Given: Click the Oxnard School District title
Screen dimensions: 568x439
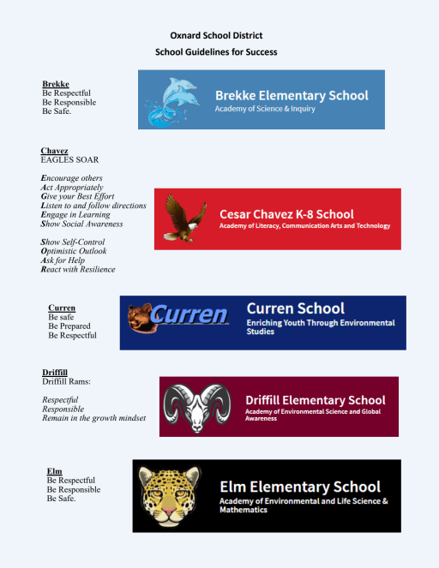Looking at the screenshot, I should [x=215, y=35].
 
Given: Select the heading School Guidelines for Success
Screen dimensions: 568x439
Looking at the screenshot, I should [x=215, y=52].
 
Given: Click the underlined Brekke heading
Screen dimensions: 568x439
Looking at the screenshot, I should [x=55, y=84].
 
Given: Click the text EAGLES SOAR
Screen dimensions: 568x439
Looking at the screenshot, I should [x=69, y=160].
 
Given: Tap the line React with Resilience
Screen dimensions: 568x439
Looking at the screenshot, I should [x=78, y=269].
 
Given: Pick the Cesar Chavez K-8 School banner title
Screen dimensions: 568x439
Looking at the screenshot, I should [x=286, y=214].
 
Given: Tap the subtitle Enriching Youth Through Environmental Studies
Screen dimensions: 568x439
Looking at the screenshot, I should [x=321, y=327].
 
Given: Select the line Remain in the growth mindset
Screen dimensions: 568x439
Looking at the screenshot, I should [x=94, y=418].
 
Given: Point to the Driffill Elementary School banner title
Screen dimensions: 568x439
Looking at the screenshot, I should [x=315, y=400].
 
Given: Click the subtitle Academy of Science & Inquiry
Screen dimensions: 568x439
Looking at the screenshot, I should [x=265, y=109].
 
